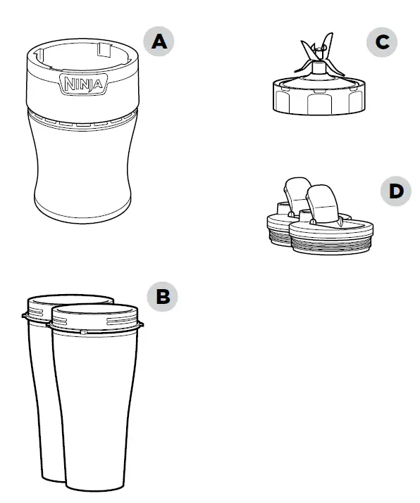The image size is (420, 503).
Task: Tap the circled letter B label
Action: pyautogui.click(x=163, y=296)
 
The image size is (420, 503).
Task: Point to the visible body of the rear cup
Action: pyautogui.click(x=39, y=394)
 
